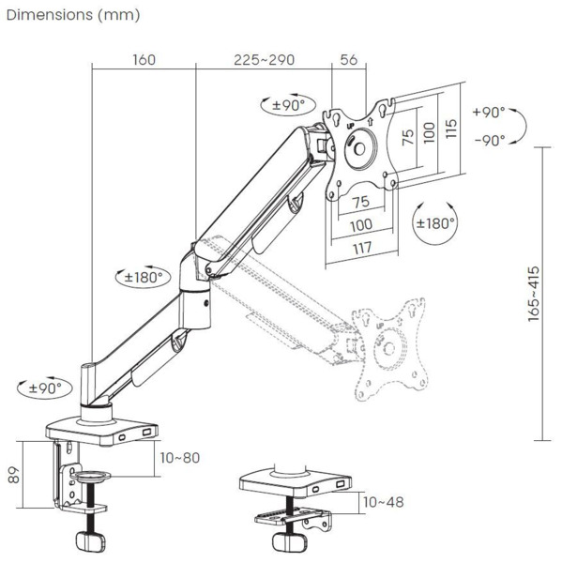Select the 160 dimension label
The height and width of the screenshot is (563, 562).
[144, 60]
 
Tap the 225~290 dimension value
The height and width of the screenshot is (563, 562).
[265, 60]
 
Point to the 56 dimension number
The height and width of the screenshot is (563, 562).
[349, 60]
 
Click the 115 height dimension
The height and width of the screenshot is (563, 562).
[451, 129]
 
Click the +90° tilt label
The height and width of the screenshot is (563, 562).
[488, 112]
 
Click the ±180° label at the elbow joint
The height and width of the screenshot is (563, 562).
[144, 277]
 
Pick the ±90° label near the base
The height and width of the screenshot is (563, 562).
[42, 387]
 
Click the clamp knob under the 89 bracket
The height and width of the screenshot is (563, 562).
[90, 543]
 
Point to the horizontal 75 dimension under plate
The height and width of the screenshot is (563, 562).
[359, 202]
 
